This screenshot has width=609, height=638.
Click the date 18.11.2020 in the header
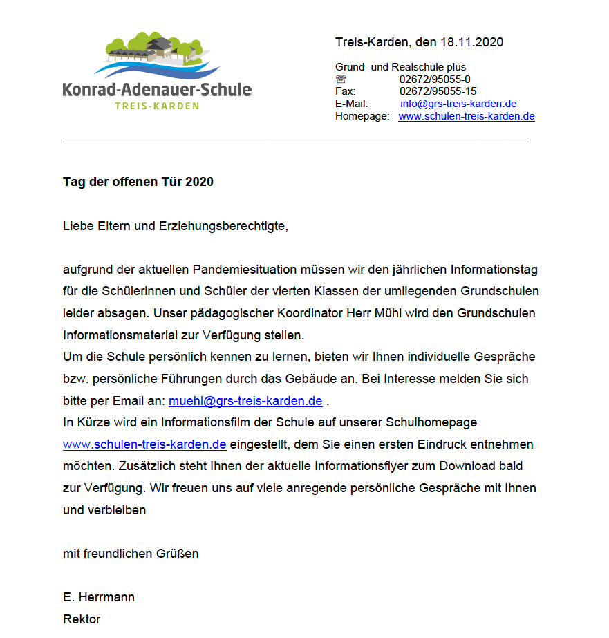(471, 42)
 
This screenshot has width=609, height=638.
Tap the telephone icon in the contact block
(341, 79)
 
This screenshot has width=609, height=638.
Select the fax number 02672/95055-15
(438, 91)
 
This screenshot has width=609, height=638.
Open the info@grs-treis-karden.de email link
(458, 104)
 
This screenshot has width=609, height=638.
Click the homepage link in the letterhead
(466, 116)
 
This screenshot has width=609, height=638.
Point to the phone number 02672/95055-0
(435, 79)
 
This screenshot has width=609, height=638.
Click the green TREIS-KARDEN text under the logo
(157, 106)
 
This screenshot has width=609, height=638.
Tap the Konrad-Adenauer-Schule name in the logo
(157, 89)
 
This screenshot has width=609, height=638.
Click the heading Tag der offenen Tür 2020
(138, 182)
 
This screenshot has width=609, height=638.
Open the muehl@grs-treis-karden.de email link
(245, 400)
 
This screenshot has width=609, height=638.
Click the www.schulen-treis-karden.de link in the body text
(144, 444)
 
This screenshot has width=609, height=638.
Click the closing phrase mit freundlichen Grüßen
(131, 553)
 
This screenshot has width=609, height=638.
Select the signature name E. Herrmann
(99, 597)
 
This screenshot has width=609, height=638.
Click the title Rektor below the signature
(82, 619)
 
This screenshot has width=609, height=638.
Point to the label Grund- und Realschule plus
(400, 67)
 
